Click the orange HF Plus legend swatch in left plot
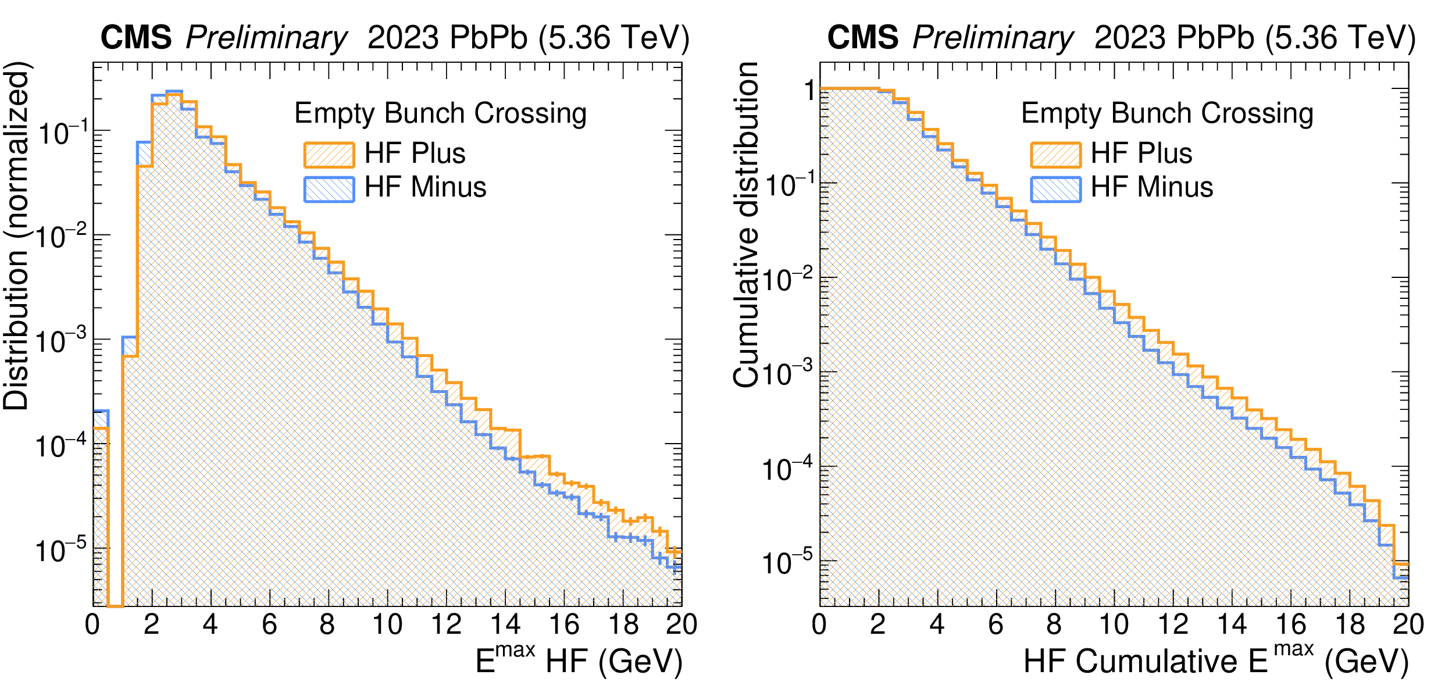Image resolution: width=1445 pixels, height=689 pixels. coord(329,155)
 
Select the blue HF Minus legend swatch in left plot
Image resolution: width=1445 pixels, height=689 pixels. coord(329,189)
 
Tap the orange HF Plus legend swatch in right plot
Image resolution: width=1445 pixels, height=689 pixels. coord(1055,155)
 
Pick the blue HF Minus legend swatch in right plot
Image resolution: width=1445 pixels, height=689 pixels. coord(1055,189)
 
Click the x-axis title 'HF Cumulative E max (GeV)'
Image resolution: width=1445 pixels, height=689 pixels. coord(1215,661)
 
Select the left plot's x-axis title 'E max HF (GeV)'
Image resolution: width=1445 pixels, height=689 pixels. coord(579,661)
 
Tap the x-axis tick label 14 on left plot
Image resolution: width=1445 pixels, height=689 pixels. coord(505,625)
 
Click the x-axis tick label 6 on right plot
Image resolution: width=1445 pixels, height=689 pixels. coord(996,625)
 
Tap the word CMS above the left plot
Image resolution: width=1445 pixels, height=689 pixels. coord(136,38)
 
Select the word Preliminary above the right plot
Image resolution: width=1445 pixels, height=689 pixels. coord(993,38)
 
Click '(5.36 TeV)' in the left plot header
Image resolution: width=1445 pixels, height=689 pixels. coord(613,38)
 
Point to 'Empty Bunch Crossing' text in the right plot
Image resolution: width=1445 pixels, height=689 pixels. coord(1167,113)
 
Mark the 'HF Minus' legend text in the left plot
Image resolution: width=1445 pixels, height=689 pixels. coord(425,187)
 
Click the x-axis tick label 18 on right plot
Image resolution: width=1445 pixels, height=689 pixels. coord(1349,625)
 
